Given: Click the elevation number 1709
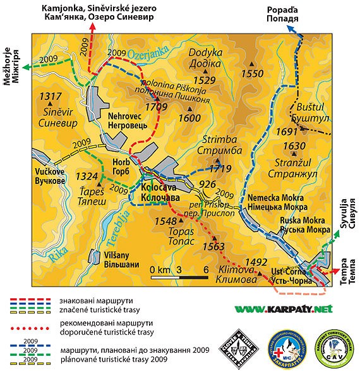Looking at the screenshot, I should (x=156, y=107).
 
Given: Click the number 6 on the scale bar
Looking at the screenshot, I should (x=206, y=271).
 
